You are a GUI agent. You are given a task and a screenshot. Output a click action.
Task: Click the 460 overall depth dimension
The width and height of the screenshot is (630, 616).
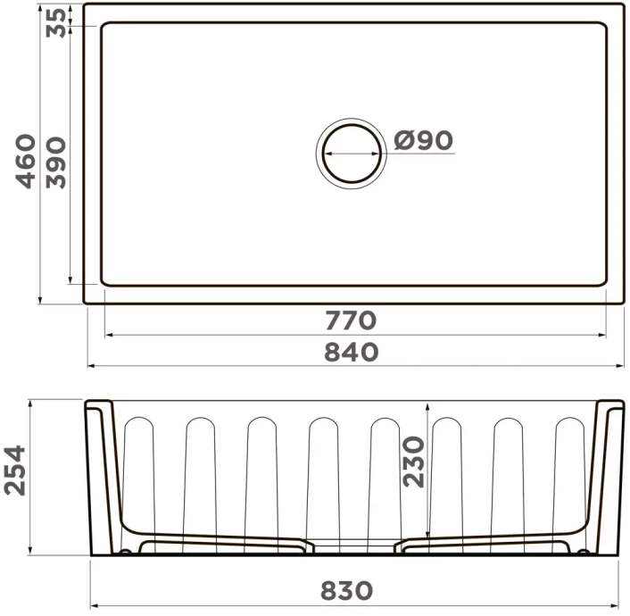pyautogui.click(x=27, y=161)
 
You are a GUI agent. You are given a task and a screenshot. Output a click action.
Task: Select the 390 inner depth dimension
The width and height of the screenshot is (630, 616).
pyautogui.click(x=56, y=161)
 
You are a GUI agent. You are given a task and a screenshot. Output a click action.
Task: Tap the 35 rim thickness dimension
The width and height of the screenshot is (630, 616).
pyautogui.click(x=56, y=21)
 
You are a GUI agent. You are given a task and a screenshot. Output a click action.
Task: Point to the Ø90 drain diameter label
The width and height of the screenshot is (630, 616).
pyautogui.click(x=423, y=140)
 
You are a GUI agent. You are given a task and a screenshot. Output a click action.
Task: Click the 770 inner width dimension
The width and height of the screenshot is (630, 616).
pyautogui.click(x=351, y=320)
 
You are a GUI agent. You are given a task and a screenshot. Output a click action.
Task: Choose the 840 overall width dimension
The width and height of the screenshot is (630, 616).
pyautogui.click(x=351, y=352)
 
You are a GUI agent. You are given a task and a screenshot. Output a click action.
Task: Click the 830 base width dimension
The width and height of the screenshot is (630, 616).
pyautogui.click(x=347, y=590)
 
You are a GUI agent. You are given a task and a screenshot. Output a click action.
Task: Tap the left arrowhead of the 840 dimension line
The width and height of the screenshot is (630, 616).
pyautogui.click(x=90, y=365)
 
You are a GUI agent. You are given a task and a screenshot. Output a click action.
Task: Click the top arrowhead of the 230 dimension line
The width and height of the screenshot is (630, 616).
pyautogui.click(x=429, y=405)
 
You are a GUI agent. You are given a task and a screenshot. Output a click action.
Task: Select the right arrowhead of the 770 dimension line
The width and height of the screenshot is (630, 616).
pyautogui.click(x=605, y=336)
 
